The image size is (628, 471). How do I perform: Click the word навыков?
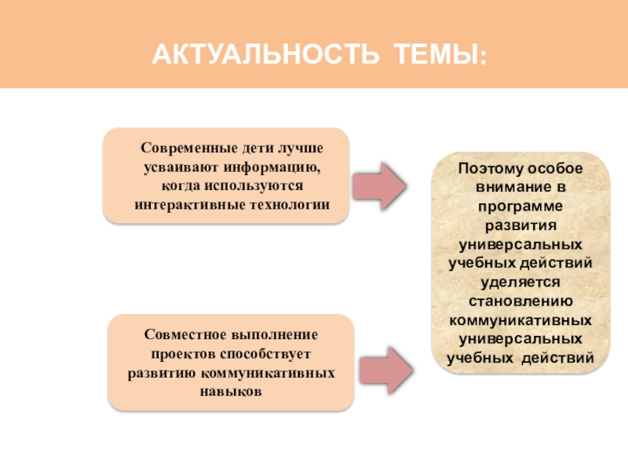[231, 390]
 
